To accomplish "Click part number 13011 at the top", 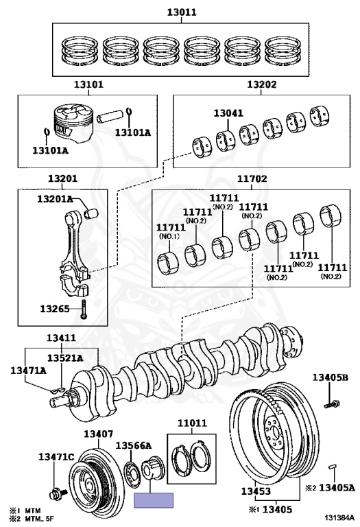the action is [182, 12].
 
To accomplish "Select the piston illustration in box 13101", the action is [73, 124].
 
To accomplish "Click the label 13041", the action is [228, 113].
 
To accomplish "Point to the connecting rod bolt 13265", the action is [83, 309].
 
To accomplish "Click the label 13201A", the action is [55, 199].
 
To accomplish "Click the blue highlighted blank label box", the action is [154, 500].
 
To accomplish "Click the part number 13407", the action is [98, 434].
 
